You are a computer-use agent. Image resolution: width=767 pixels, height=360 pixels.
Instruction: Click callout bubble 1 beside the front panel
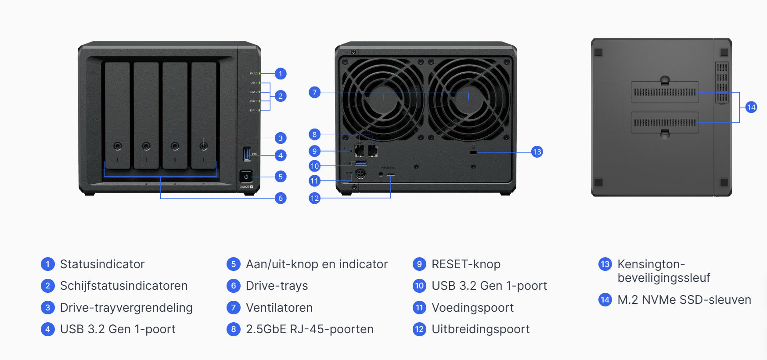click(281, 74)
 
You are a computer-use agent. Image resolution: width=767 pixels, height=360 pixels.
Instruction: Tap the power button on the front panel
click(246, 176)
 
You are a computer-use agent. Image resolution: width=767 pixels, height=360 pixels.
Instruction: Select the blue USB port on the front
click(246, 154)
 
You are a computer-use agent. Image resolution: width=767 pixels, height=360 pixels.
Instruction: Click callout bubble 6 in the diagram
click(281, 198)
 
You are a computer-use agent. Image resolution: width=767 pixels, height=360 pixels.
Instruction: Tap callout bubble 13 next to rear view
click(537, 152)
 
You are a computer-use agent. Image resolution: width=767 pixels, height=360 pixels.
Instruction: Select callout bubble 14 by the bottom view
click(751, 107)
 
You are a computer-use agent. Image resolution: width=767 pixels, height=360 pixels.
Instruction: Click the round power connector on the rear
click(360, 174)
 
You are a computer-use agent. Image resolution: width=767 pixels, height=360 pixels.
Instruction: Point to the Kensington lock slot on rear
click(473, 152)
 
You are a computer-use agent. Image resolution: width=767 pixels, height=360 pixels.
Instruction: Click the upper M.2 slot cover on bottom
click(665, 92)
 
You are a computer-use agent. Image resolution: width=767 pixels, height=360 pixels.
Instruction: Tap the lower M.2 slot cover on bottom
click(665, 122)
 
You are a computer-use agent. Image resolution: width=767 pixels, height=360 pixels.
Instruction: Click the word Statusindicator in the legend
click(102, 264)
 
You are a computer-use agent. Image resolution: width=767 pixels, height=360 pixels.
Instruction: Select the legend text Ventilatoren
click(279, 308)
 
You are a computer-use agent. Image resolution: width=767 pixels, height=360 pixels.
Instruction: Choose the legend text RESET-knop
click(466, 264)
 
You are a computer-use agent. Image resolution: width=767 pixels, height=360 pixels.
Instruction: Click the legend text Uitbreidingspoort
click(480, 329)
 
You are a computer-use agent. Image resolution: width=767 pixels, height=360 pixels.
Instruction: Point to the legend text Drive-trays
click(277, 286)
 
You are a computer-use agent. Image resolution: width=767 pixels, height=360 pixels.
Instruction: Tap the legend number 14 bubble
click(605, 300)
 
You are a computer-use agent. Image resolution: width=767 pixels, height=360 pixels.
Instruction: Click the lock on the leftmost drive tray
click(118, 146)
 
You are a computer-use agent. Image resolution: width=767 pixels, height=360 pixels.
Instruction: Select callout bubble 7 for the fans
click(314, 92)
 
